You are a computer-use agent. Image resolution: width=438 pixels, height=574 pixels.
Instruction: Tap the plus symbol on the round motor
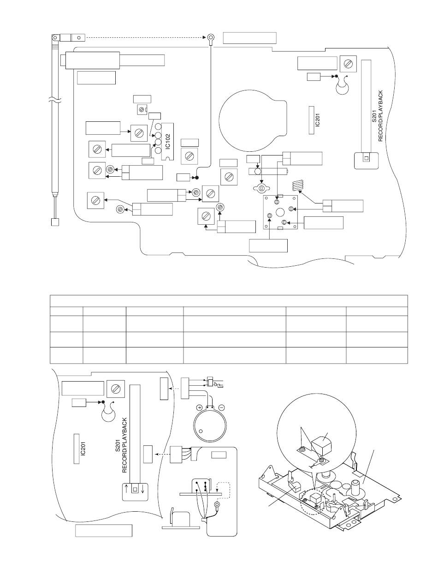pyautogui.click(x=199, y=408)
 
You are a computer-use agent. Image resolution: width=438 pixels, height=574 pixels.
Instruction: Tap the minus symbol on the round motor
pyautogui.click(x=221, y=408)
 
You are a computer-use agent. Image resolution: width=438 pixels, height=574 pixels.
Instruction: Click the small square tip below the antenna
pyautogui.click(x=54, y=222)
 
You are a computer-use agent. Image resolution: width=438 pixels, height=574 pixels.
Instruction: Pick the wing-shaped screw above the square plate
pyautogui.click(x=260, y=189)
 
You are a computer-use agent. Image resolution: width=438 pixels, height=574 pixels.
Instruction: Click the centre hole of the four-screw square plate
pyautogui.click(x=280, y=212)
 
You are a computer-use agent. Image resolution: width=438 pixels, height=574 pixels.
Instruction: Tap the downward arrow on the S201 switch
pyautogui.click(x=143, y=489)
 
